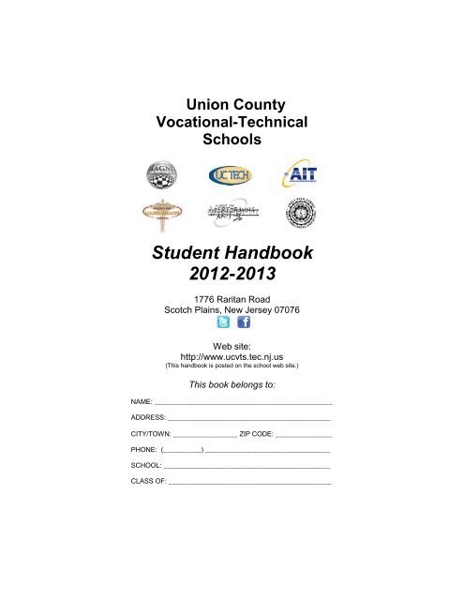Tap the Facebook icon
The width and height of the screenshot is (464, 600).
(x=243, y=322)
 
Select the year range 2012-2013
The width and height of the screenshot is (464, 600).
(x=232, y=277)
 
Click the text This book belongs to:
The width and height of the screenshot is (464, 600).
(x=232, y=384)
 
